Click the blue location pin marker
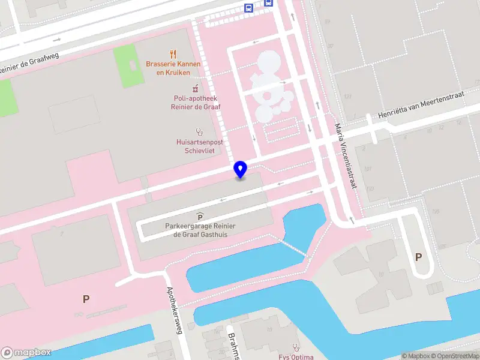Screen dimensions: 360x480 (x=241, y=169)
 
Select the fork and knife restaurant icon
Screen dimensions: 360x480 (x=173, y=54)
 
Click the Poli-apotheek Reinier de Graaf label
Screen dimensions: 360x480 (x=196, y=103)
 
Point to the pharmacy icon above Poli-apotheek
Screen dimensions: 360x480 (x=196, y=88)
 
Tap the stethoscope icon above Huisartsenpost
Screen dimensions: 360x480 (x=199, y=131)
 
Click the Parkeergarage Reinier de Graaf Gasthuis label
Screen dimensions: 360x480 (x=200, y=230)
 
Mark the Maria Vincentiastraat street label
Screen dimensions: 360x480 (x=346, y=157)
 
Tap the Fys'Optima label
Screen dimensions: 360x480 (x=296, y=356)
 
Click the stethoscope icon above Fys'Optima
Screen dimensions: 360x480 (x=295, y=347)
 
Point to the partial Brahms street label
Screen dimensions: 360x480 (x=233, y=346)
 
